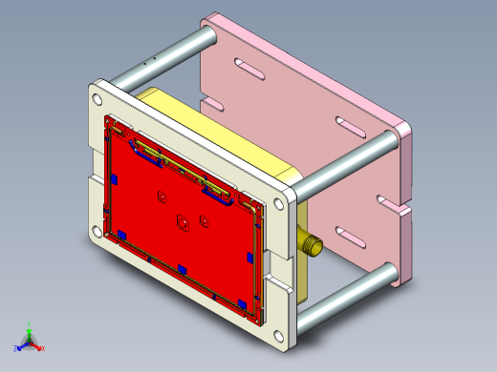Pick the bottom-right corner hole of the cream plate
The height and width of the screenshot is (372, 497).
point(278,333)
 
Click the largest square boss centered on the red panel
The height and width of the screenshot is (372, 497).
point(180,224)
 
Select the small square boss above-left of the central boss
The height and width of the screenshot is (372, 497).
point(162,197)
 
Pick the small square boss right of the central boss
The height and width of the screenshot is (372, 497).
point(205,220)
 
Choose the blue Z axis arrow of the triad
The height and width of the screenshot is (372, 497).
point(17,348)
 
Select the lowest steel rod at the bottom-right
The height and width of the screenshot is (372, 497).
point(344,296)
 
